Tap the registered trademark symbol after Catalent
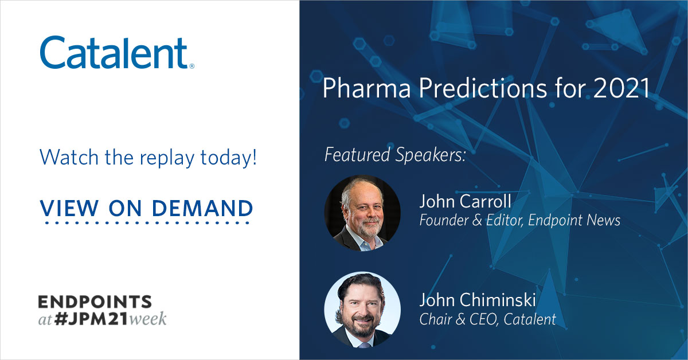191,66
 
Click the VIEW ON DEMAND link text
147,208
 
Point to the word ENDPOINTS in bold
95,302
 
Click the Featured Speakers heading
395,155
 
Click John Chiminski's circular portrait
362,310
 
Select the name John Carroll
465,202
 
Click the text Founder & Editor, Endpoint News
519,220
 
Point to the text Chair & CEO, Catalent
487,319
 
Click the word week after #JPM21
147,319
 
